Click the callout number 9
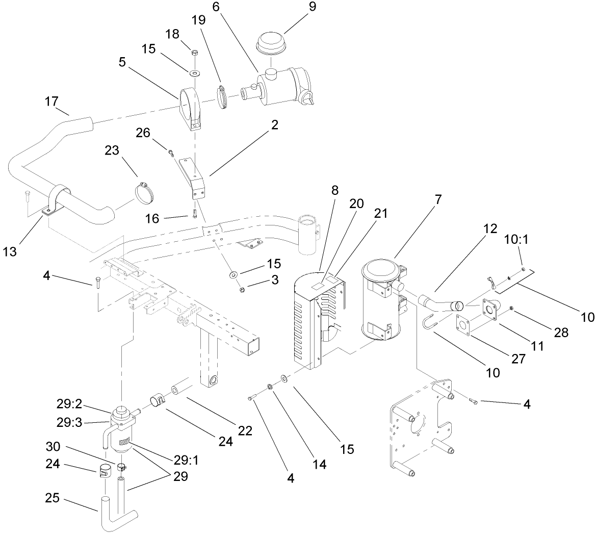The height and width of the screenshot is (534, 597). tap(312, 7)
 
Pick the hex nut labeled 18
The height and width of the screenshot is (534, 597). tap(194, 53)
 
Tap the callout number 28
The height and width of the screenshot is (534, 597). tap(561, 333)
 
